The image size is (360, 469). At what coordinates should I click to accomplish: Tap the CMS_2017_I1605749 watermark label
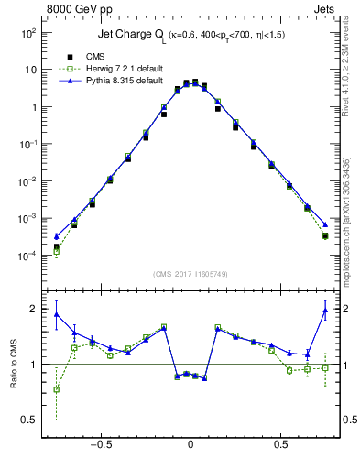[x=190, y=274]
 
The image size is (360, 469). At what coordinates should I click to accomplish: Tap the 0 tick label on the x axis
[x=191, y=444]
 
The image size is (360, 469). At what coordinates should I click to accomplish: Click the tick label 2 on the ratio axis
[x=33, y=309]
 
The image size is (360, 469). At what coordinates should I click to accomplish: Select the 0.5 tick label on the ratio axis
[x=28, y=420]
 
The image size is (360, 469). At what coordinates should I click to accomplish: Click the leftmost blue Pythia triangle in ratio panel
[x=57, y=314]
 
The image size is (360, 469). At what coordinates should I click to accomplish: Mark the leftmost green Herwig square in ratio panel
[x=57, y=389]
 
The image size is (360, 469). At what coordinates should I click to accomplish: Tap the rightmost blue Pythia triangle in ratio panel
[x=325, y=311]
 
